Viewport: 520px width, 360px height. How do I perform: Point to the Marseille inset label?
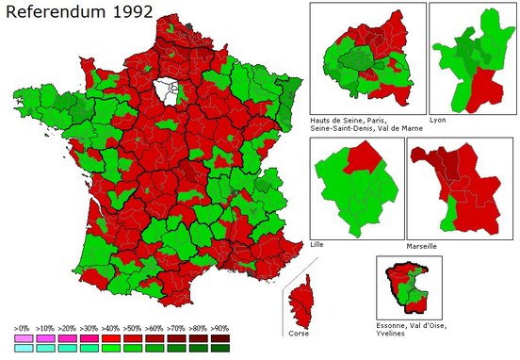click(422, 245)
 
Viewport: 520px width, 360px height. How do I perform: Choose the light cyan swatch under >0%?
click(22, 348)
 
